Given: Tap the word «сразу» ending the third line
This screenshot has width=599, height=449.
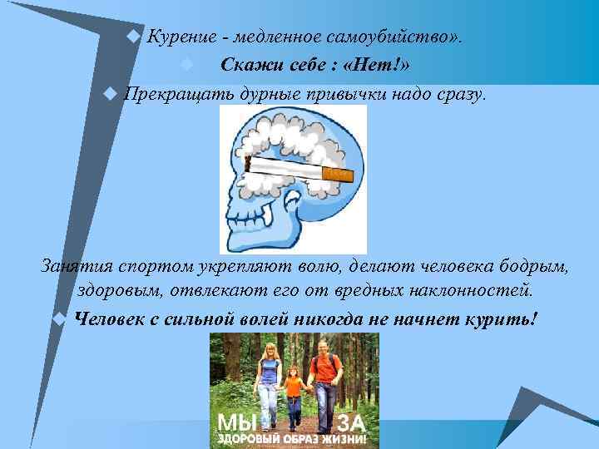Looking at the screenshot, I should (x=456, y=94).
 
